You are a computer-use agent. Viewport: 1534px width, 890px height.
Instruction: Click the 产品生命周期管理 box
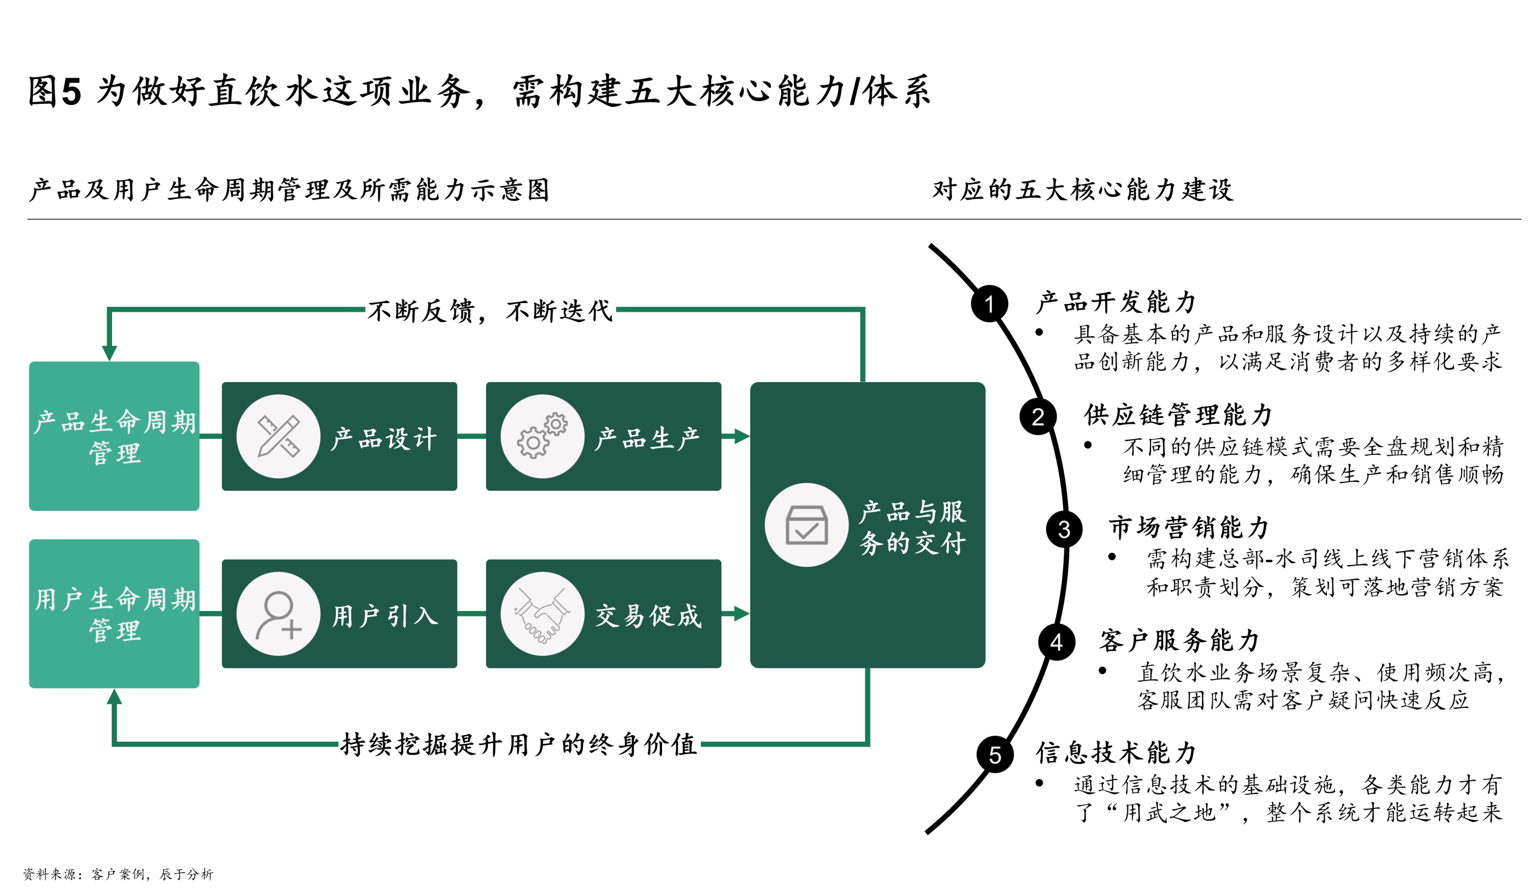(115, 436)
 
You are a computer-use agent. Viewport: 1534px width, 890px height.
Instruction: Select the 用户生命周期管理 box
(115, 613)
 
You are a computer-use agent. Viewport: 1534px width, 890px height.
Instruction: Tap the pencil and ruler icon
(278, 436)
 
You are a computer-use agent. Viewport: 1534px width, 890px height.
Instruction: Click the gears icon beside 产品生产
(542, 436)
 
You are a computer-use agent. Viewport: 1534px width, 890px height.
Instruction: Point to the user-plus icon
(278, 614)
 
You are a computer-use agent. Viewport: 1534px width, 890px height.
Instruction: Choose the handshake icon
(542, 614)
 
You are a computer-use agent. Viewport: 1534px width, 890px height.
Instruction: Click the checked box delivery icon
(806, 525)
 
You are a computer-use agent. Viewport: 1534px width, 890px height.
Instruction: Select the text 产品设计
(384, 438)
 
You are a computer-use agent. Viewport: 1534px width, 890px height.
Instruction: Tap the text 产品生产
(648, 438)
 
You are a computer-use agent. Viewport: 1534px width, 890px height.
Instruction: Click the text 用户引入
(385, 616)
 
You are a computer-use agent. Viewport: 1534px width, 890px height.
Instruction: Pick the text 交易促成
(648, 616)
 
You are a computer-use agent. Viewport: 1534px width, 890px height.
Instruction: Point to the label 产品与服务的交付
(912, 527)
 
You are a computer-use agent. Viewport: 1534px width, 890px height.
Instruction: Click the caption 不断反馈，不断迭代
(490, 310)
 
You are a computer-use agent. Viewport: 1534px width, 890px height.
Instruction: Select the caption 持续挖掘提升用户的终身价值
(519, 744)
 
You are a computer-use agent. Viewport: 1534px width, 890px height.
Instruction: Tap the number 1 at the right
(989, 304)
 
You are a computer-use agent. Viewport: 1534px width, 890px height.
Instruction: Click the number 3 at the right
(1064, 529)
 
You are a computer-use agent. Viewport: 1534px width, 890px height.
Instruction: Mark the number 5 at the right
(995, 755)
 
